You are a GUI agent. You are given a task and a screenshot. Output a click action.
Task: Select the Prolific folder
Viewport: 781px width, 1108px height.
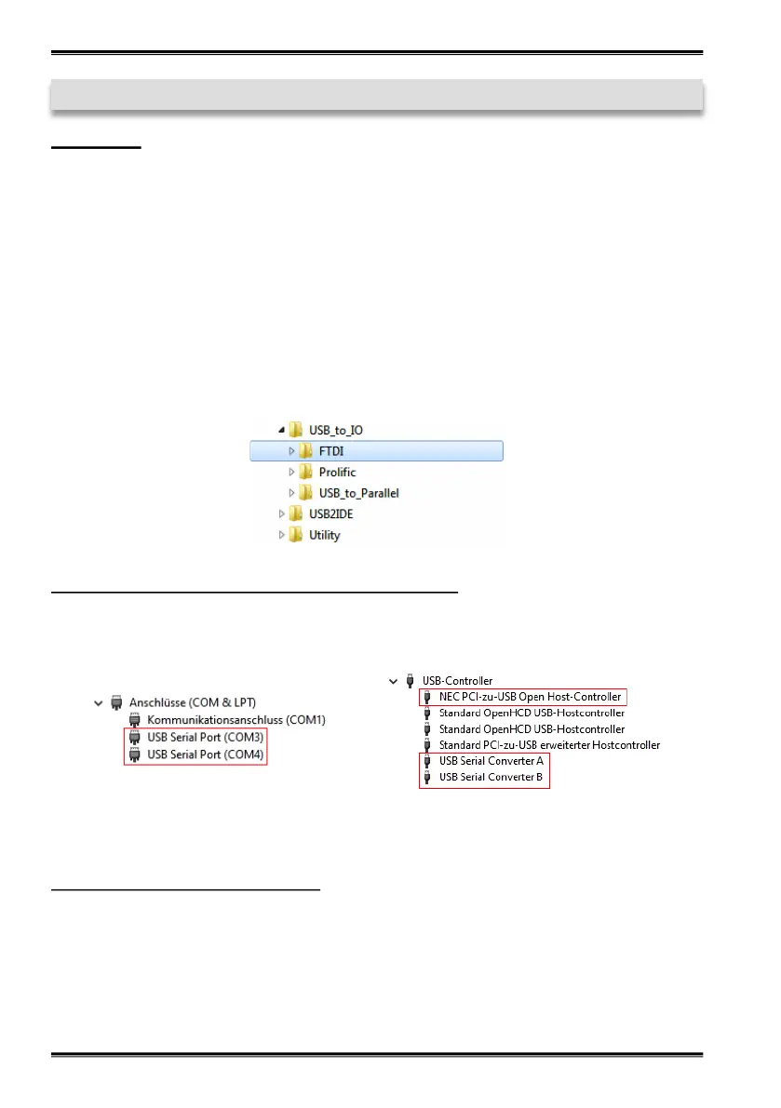[337, 473]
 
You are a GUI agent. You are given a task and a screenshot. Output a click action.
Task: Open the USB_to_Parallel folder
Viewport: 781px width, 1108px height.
[358, 493]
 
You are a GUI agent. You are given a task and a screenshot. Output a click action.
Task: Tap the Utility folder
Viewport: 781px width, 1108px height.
[325, 536]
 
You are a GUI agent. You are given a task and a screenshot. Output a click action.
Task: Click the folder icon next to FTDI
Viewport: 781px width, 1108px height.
[305, 451]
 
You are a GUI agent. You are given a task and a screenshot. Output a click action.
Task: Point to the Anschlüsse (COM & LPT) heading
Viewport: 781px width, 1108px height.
[193, 702]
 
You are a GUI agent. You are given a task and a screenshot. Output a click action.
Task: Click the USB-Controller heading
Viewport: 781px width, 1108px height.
[457, 681]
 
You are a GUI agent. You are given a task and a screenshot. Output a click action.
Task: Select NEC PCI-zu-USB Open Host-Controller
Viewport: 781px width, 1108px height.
[530, 697]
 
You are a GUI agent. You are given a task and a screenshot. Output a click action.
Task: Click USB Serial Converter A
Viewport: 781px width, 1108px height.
[491, 761]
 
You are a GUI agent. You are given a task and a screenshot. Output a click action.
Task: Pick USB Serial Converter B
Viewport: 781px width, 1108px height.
[491, 777]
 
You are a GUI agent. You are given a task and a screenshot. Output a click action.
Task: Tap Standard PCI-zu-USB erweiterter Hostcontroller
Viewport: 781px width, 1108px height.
[549, 745]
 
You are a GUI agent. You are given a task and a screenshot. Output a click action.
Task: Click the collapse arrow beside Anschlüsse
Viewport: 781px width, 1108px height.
[98, 702]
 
